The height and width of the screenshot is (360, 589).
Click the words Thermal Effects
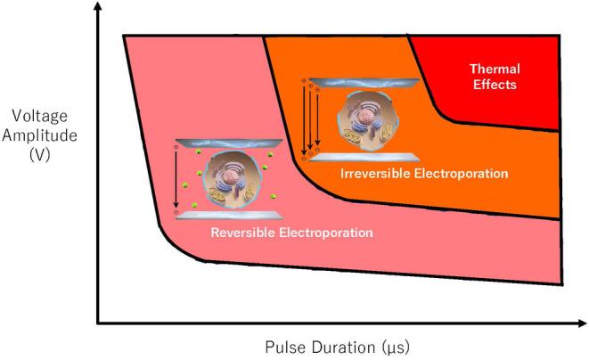point(493,77)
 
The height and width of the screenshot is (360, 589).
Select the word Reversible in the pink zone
point(241,233)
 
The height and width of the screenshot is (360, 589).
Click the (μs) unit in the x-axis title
point(393,345)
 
